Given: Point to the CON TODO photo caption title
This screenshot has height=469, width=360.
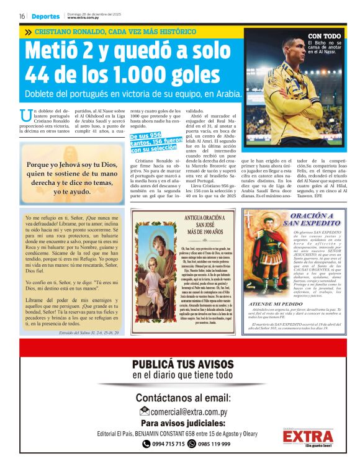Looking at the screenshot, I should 324,36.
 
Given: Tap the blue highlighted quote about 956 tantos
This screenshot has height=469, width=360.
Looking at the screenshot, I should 154,142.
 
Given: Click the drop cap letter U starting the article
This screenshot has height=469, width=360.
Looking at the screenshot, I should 25,115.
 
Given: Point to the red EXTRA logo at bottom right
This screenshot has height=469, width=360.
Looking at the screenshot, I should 316,437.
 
